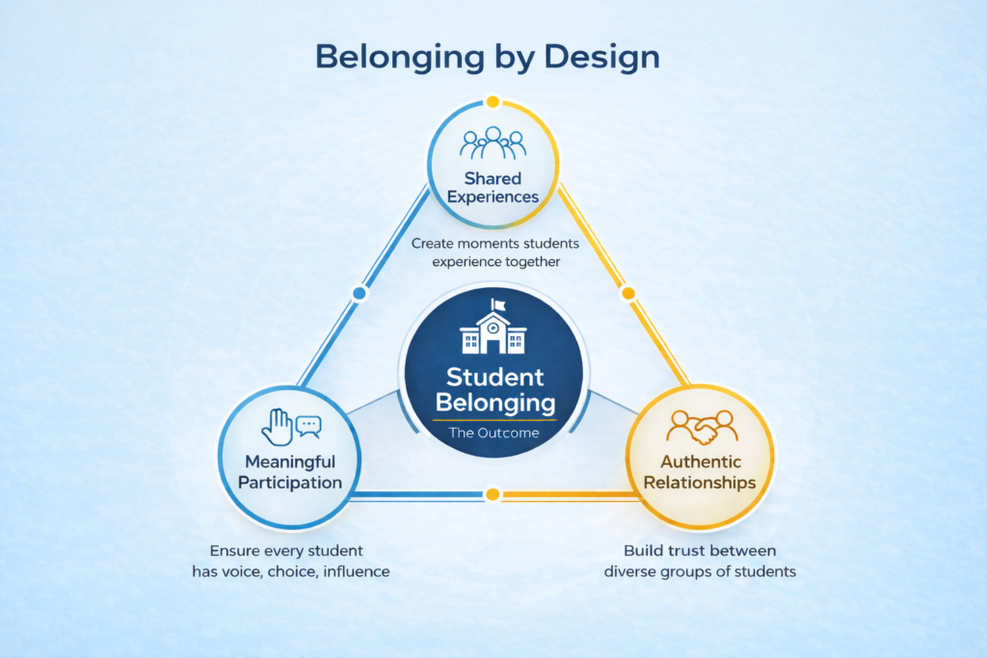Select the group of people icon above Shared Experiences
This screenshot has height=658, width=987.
493,144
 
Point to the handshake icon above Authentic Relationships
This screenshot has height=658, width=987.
701,425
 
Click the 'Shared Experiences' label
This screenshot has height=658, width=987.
493,188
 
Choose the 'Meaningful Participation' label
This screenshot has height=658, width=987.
290,473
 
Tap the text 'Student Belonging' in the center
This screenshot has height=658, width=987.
493,389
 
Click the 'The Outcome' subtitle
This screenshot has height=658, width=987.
493,433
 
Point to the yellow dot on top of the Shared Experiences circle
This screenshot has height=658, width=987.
493,101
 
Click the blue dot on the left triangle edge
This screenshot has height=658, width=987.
360,293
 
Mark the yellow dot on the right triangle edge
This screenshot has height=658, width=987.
628,293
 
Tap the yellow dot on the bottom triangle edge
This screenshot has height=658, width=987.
493,495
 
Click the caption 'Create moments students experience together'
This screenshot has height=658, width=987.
493,252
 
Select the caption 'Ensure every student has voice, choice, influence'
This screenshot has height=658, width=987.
289,561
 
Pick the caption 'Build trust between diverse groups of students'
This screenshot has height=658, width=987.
700,561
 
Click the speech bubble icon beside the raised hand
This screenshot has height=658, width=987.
308,424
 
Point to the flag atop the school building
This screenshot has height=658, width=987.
498,305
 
